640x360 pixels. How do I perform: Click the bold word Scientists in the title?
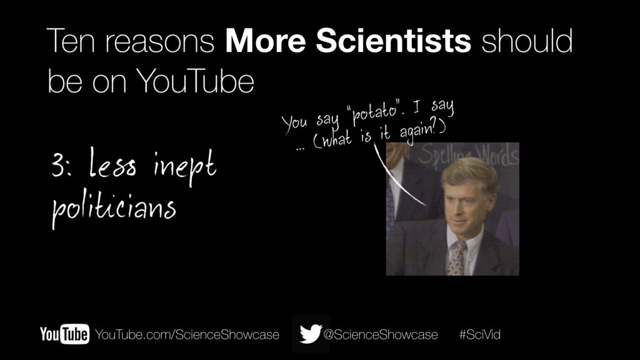(x=394, y=41)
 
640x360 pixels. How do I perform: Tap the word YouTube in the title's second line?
(x=195, y=81)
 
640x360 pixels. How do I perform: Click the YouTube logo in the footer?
(x=64, y=334)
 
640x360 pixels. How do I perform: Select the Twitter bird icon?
(x=311, y=334)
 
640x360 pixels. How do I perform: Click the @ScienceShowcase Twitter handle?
(x=381, y=335)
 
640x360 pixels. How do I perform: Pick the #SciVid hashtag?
(x=479, y=335)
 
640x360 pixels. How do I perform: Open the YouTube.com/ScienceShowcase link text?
(x=187, y=335)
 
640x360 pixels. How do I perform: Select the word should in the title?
(x=527, y=41)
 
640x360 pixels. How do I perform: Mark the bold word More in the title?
(x=265, y=41)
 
